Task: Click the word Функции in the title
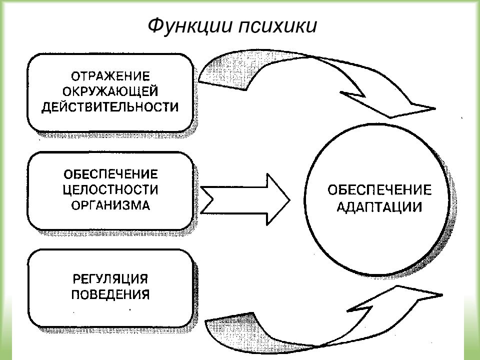(x=190, y=25)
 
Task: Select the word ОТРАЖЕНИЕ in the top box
(x=110, y=76)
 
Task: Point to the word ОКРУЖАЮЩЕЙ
(x=110, y=91)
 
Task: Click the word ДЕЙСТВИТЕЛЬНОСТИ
(x=110, y=107)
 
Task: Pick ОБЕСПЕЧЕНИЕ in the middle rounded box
(x=111, y=174)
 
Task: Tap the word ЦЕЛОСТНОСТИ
(x=111, y=190)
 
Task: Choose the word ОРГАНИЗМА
(x=111, y=205)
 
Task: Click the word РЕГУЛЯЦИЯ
(x=110, y=279)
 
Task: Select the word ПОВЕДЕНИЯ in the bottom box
(x=110, y=294)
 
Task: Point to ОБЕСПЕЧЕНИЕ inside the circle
(x=379, y=190)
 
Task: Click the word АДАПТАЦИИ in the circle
(x=379, y=207)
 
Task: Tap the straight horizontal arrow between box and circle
(x=245, y=199)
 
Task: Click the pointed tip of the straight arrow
(x=289, y=199)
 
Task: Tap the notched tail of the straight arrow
(x=205, y=199)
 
